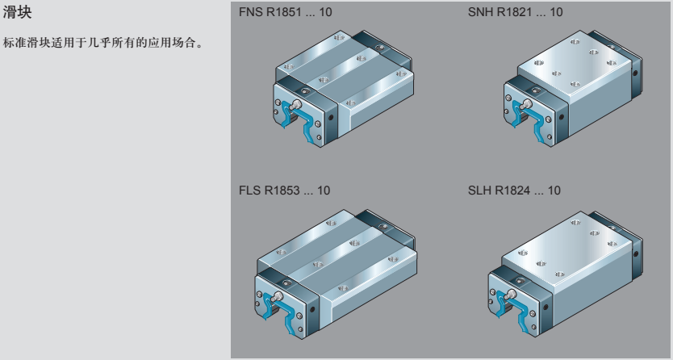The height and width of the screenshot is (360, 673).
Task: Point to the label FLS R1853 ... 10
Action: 279,191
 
